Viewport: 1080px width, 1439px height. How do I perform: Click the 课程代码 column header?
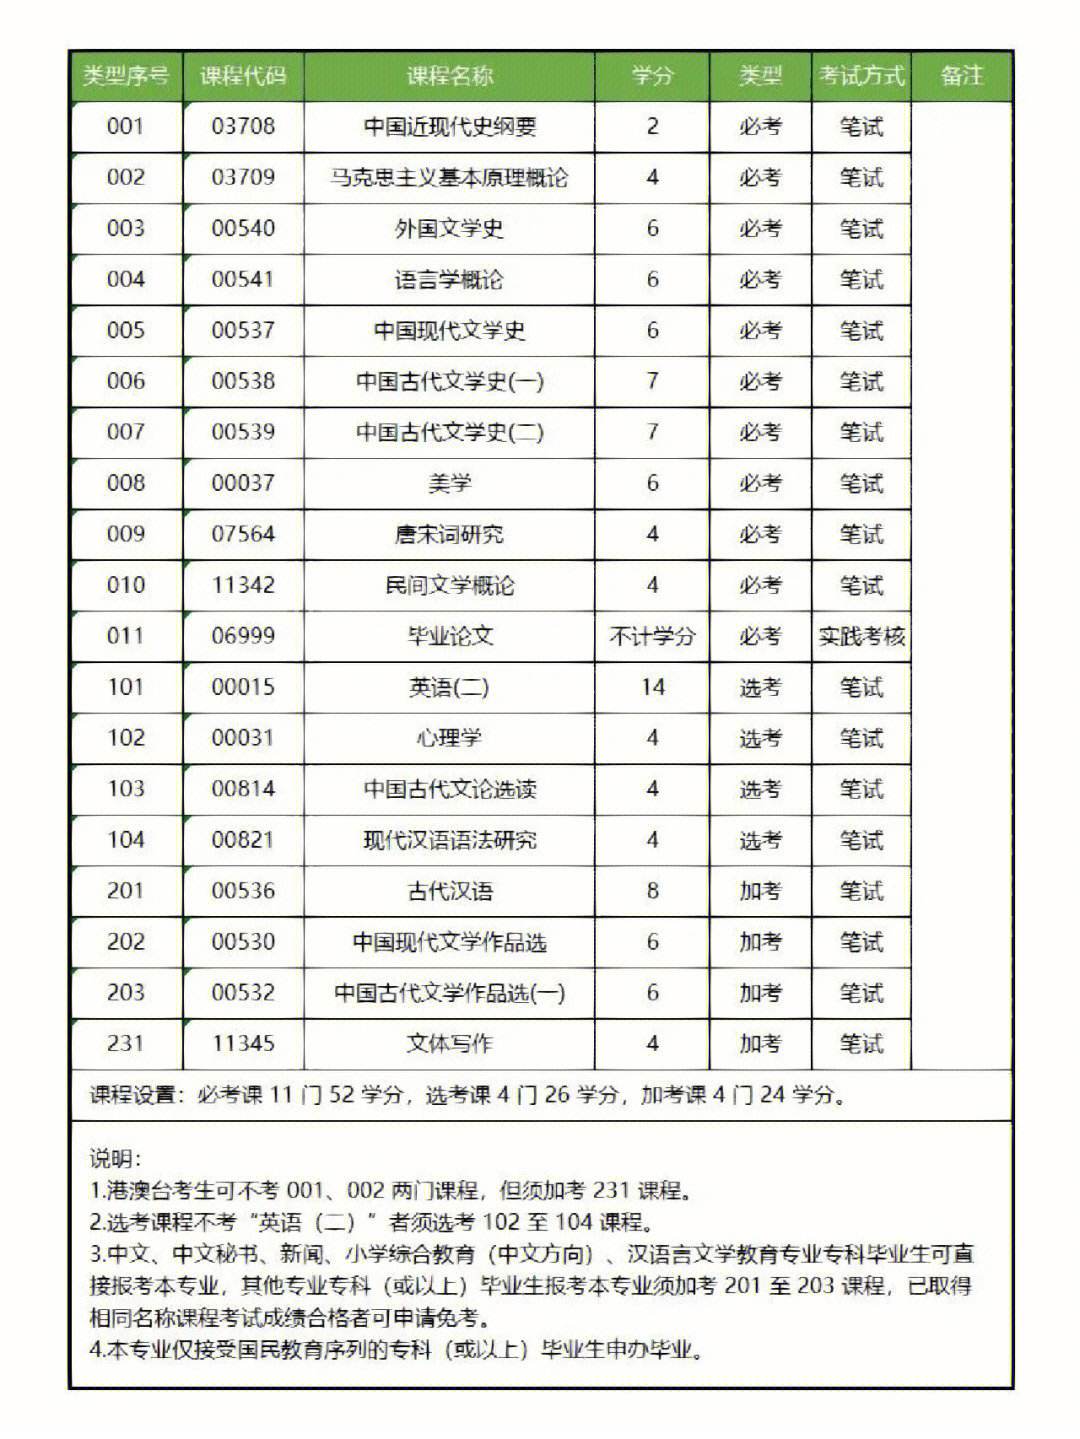(x=243, y=76)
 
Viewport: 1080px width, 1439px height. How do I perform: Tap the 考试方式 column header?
(x=861, y=76)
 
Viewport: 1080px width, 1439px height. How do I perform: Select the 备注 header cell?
(x=962, y=76)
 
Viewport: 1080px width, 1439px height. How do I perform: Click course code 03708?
(x=243, y=127)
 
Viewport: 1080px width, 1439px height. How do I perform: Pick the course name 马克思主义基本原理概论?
(x=449, y=178)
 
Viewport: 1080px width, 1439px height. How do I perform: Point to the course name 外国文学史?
(x=449, y=229)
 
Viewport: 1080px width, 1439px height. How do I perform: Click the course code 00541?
(x=243, y=280)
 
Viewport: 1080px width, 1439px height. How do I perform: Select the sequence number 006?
(x=126, y=381)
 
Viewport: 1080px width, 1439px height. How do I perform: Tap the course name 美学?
(x=449, y=483)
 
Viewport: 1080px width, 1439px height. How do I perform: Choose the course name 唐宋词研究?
(x=449, y=534)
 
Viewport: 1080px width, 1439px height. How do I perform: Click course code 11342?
(x=243, y=585)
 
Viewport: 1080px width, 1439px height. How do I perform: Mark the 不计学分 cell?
(x=652, y=636)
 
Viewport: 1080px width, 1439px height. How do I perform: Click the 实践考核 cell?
(x=861, y=636)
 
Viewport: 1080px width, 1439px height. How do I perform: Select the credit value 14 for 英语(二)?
(x=652, y=687)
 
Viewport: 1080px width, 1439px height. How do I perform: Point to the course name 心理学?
(x=449, y=738)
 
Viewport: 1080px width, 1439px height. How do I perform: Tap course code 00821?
(x=243, y=840)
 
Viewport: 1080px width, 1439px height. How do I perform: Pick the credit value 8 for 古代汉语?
(x=652, y=891)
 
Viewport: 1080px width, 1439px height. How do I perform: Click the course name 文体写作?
(x=449, y=1044)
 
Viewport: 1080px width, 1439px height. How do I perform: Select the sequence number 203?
(x=126, y=993)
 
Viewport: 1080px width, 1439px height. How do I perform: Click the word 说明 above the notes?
(x=114, y=1159)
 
